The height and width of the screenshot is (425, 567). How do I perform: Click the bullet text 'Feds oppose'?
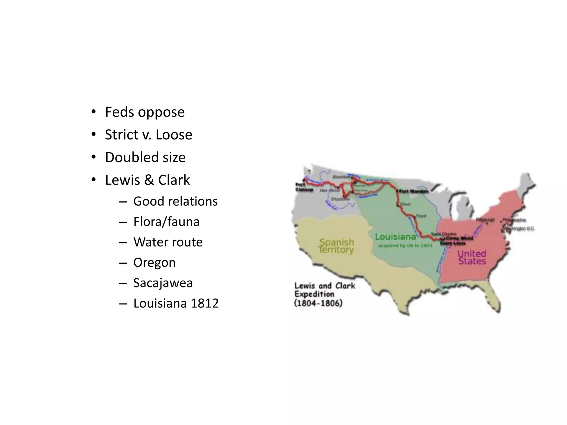[145, 112]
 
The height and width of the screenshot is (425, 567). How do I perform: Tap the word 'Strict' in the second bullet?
[122, 135]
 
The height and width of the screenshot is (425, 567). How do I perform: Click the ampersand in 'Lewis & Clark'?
[149, 180]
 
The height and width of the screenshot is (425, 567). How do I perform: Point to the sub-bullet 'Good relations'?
[175, 201]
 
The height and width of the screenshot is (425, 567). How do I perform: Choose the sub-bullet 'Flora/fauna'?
[166, 222]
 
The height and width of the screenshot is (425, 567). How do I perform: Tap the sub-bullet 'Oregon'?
[154, 263]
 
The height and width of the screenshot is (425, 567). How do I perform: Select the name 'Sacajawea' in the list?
[163, 283]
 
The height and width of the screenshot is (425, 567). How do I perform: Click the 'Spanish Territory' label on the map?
[336, 246]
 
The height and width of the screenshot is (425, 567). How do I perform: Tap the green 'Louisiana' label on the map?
[395, 237]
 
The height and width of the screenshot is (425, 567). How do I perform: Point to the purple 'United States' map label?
[472, 257]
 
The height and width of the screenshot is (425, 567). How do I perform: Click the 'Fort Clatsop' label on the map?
[304, 187]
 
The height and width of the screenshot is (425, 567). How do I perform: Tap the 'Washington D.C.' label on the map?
[520, 229]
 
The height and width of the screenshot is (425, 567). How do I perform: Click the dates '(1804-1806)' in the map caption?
[318, 303]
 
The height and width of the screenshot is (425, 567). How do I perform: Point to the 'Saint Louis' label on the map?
[453, 243]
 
